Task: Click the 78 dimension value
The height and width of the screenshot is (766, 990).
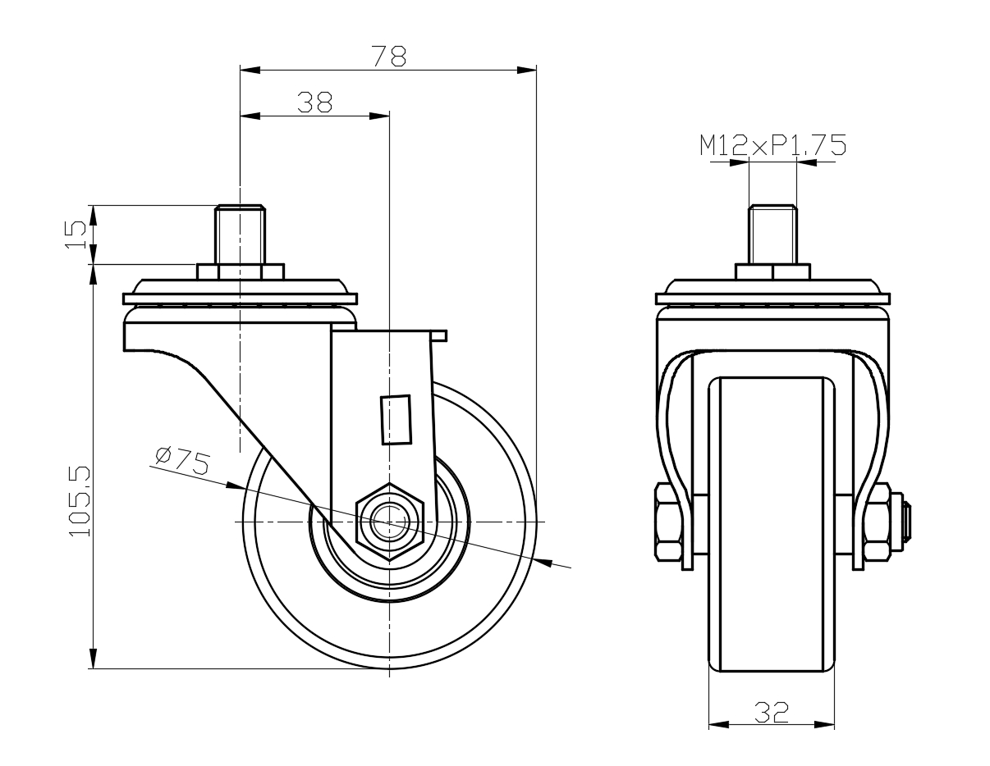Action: pyautogui.click(x=388, y=56)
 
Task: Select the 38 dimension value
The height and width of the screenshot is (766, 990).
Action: pyautogui.click(x=314, y=102)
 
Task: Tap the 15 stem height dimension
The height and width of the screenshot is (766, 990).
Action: pyautogui.click(x=76, y=235)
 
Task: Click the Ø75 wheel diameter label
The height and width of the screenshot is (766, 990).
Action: pyautogui.click(x=181, y=461)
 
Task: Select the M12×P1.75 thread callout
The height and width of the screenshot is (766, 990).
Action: pyautogui.click(x=772, y=145)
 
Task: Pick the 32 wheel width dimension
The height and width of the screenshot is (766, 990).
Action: pyautogui.click(x=771, y=712)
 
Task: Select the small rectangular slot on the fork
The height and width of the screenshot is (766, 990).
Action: pyautogui.click(x=396, y=419)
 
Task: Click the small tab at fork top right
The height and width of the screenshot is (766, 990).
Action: pyautogui.click(x=439, y=335)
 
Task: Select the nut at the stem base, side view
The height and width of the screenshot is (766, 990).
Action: pyautogui.click(x=240, y=271)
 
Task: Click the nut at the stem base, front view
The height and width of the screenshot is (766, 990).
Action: pyautogui.click(x=772, y=271)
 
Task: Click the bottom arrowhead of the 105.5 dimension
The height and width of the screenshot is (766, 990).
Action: pyautogui.click(x=94, y=659)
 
